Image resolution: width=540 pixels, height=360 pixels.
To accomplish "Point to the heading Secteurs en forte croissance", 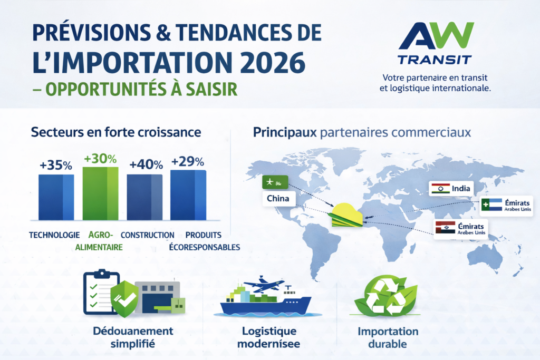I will tap(116, 132).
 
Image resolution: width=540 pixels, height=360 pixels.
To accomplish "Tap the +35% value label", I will tap(56, 165).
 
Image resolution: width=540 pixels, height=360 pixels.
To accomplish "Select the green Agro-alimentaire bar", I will tap(101, 193).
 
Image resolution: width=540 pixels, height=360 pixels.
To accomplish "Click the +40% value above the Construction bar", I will tap(146, 164).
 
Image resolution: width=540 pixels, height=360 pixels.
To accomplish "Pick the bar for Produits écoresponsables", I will tap(188, 194).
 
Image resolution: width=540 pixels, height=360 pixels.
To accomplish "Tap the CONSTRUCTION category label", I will tap(148, 235).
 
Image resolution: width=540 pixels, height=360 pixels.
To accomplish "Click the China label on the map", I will tap(278, 199).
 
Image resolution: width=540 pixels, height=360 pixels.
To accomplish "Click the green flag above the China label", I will tap(275, 182).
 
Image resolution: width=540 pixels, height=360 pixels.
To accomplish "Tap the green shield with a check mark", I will tap(124, 299).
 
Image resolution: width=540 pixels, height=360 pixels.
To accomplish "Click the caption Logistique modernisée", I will tap(269, 337).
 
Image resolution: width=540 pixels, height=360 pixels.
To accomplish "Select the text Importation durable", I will tap(388, 337).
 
